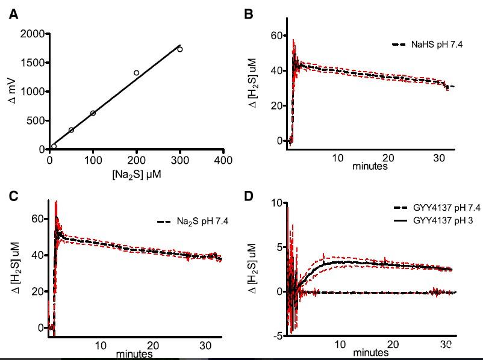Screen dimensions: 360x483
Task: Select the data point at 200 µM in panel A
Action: pos(137,73)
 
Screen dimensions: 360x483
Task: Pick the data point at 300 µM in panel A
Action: pos(180,49)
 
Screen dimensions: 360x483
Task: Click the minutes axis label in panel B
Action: pos(369,166)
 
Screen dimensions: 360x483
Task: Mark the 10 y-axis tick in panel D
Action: pos(276,202)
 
